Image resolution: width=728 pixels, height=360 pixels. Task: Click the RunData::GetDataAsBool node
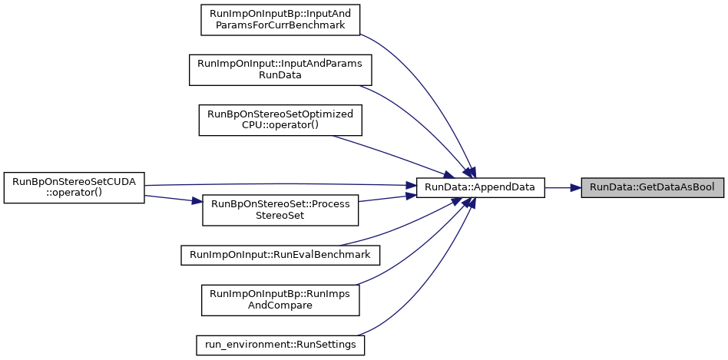pyautogui.click(x=652, y=187)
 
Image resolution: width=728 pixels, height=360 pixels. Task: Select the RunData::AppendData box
pyautogui.click(x=480, y=187)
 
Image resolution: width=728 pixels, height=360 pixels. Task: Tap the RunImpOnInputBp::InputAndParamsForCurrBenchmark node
pyautogui.click(x=280, y=19)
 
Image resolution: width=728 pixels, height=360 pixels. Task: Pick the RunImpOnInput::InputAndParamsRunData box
pyautogui.click(x=280, y=70)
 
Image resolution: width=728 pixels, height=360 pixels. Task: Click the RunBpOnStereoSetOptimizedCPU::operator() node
pyautogui.click(x=280, y=121)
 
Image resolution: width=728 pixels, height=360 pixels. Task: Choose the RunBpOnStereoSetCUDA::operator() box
pyautogui.click(x=74, y=187)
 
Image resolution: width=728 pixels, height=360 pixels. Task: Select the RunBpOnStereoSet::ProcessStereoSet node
pyautogui.click(x=280, y=210)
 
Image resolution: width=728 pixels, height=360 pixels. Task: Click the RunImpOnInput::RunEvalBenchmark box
pyautogui.click(x=280, y=255)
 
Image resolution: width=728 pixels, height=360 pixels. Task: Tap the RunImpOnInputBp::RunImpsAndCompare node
pyautogui.click(x=280, y=300)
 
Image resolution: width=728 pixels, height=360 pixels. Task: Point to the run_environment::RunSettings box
pyautogui.click(x=280, y=345)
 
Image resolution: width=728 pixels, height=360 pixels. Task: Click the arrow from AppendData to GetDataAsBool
pyautogui.click(x=563, y=187)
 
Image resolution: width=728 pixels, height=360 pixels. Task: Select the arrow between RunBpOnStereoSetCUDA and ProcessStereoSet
pyautogui.click(x=174, y=199)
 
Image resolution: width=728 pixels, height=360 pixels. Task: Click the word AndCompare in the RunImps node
pyautogui.click(x=280, y=306)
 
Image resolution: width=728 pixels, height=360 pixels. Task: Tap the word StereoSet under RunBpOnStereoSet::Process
pyautogui.click(x=280, y=215)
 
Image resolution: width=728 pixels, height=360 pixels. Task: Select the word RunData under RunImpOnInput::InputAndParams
pyautogui.click(x=280, y=74)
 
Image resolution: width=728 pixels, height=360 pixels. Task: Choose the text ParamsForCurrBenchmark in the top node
pyautogui.click(x=280, y=25)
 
